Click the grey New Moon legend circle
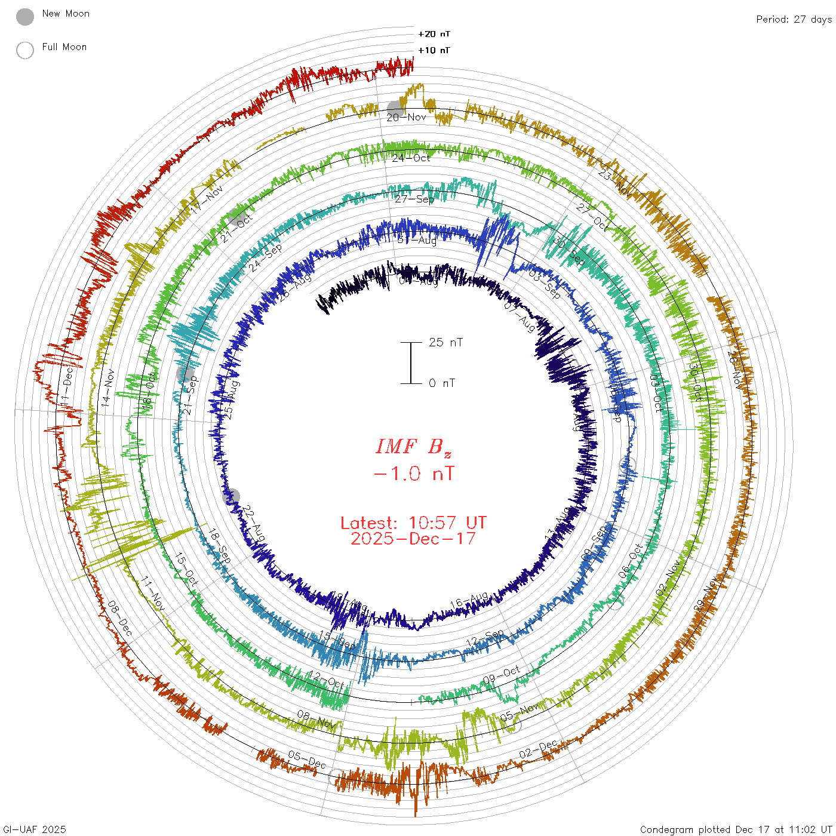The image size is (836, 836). click(x=25, y=17)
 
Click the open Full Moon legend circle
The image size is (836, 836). click(x=25, y=50)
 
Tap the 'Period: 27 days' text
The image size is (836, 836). click(x=794, y=20)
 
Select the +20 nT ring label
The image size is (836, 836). click(x=434, y=35)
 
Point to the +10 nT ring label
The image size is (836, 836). click(x=434, y=51)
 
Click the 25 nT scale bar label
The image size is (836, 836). click(x=445, y=343)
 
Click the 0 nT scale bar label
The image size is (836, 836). click(x=442, y=383)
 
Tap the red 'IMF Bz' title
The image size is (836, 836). click(x=413, y=447)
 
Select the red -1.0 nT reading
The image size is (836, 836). click(x=413, y=474)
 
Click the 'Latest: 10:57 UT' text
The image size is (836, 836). click(x=413, y=523)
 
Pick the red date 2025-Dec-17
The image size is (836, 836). click(x=413, y=539)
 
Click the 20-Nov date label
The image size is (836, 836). click(x=407, y=118)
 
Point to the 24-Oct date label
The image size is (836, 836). click(x=411, y=158)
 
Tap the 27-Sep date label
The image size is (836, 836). click(x=414, y=199)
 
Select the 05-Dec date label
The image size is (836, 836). click(x=307, y=760)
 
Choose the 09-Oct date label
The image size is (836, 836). click(x=502, y=675)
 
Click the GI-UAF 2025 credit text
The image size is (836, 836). click(x=35, y=829)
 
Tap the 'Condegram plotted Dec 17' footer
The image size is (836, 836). click(x=736, y=829)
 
